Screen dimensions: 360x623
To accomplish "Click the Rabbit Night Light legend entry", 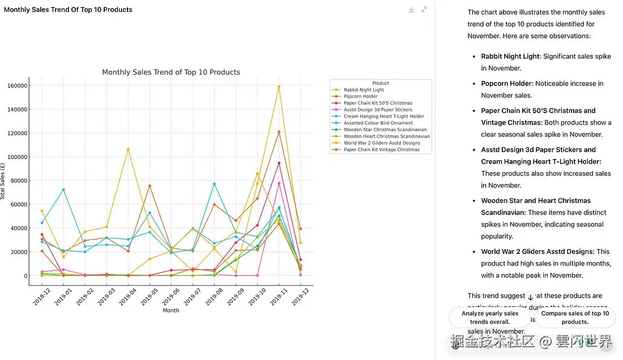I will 363,90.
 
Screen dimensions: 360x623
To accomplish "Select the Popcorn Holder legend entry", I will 360,97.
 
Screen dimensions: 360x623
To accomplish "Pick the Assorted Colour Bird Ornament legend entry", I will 378,123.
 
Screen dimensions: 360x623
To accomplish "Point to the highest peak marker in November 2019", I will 279,87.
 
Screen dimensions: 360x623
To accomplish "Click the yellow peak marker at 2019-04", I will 128,149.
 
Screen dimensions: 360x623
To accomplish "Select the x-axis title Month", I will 171,310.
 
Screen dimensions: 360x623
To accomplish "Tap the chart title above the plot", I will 171,72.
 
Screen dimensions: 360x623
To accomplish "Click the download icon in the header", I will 412,10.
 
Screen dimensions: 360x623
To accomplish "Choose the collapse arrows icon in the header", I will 424,10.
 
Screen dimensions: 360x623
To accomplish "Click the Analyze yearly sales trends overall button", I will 490,318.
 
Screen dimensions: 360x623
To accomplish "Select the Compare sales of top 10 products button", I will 575,318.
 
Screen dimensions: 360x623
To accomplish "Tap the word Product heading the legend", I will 381,83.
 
